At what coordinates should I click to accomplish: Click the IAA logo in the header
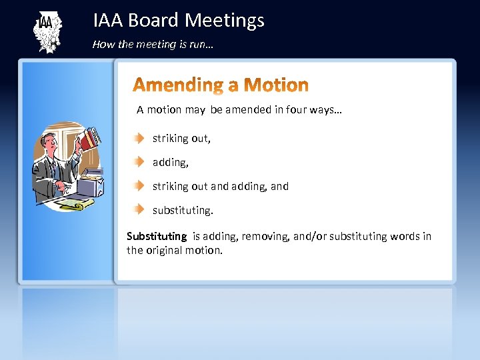(47, 31)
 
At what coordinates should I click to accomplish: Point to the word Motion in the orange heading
(276, 85)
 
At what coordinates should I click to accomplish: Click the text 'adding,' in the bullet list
(170, 162)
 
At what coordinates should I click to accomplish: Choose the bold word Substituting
(157, 236)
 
